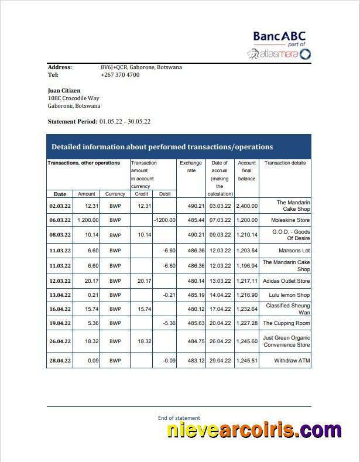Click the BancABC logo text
[x=279, y=36]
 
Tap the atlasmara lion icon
[x=253, y=54]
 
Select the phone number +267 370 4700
[x=120, y=75]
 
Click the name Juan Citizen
[x=64, y=91]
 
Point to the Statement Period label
[x=73, y=121]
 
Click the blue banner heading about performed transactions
[x=162, y=147]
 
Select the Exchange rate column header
[x=191, y=167]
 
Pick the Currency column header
[x=115, y=194]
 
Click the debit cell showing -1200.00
[x=164, y=220]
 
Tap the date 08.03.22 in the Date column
[x=60, y=235]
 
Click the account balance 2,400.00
[x=246, y=206]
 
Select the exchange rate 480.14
[x=191, y=281]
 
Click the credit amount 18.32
[x=142, y=341]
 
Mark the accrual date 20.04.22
[x=220, y=323]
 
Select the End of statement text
[x=179, y=417]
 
